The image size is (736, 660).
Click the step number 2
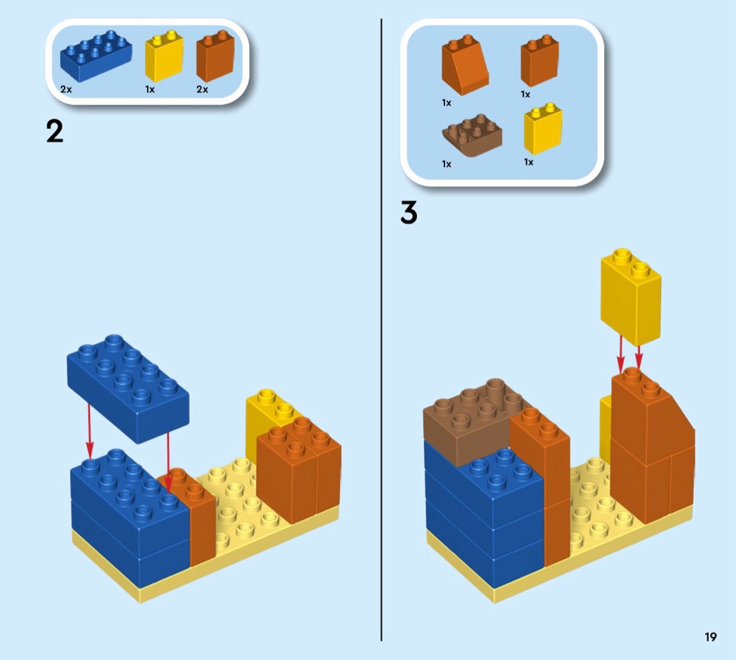[55, 131]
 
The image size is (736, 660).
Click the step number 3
[409, 213]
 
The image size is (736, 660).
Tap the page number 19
[711, 637]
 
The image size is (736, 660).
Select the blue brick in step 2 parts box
[96, 55]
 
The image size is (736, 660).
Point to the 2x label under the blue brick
[66, 90]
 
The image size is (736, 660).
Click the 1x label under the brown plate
[447, 164]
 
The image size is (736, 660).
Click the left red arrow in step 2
[90, 427]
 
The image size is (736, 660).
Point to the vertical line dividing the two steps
[381, 329]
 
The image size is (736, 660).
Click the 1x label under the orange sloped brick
[447, 102]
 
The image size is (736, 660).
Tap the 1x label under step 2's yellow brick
[150, 90]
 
